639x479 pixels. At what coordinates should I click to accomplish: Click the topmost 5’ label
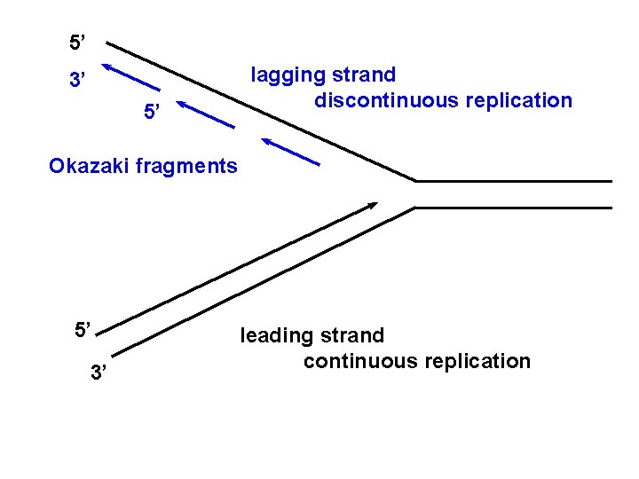tap(78, 42)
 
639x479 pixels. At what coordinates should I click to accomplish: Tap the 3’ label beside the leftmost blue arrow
tap(78, 82)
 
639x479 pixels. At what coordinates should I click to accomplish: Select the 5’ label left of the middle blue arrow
tap(153, 113)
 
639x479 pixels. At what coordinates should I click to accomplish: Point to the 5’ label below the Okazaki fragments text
tap(83, 331)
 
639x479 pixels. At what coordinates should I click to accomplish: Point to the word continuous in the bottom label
tap(359, 361)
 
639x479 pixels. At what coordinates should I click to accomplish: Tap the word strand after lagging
tap(364, 75)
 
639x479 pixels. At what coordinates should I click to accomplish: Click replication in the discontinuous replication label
tap(517, 100)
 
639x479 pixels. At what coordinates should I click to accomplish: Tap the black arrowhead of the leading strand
tap(371, 206)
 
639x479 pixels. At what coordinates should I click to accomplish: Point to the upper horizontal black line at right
tap(515, 181)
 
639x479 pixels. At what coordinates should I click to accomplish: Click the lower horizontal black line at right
tap(515, 208)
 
